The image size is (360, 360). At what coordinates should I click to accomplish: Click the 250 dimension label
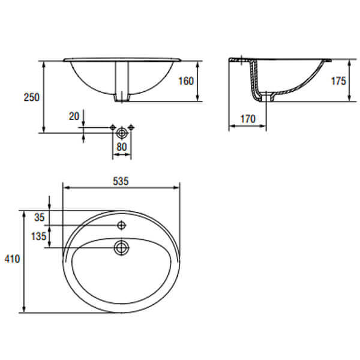pyautogui.click(x=32, y=97)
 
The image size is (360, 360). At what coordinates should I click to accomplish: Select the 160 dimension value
pyautogui.click(x=186, y=81)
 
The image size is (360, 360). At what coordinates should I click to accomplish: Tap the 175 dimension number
pyautogui.click(x=338, y=81)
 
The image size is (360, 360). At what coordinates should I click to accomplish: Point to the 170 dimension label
pyautogui.click(x=248, y=119)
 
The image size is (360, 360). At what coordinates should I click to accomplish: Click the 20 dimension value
pyautogui.click(x=74, y=116)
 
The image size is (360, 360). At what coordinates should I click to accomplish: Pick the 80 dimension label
pyautogui.click(x=121, y=147)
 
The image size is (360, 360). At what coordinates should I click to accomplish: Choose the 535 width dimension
pyautogui.click(x=121, y=181)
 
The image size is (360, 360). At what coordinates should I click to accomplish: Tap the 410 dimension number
pyautogui.click(x=12, y=259)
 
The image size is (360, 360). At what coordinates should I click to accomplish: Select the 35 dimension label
pyautogui.click(x=39, y=217)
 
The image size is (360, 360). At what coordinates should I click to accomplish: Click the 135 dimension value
pyautogui.click(x=39, y=236)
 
